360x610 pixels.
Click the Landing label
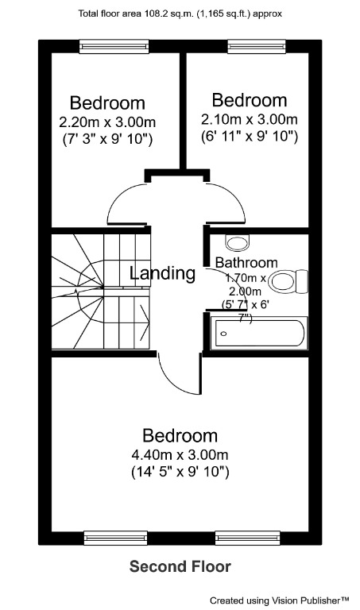(163, 274)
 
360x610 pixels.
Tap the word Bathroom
(246, 263)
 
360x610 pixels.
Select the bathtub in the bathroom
(257, 333)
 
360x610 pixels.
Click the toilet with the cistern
(297, 280)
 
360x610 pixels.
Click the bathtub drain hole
(223, 334)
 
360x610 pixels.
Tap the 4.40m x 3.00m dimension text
(180, 455)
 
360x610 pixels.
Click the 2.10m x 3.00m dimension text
(249, 119)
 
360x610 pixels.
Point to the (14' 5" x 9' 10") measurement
(180, 473)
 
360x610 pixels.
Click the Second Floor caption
(180, 566)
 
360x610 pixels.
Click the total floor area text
(180, 14)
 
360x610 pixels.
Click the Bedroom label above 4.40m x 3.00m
(180, 436)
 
